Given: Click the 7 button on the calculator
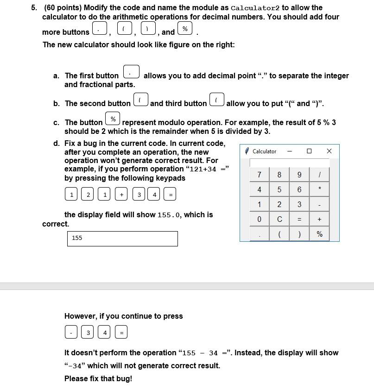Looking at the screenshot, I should click(x=259, y=175).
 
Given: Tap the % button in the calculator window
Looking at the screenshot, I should click(x=319, y=234).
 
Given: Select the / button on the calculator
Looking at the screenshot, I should click(x=319, y=175).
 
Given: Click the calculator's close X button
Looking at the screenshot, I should click(x=329, y=151).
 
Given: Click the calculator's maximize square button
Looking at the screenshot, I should click(x=309, y=151).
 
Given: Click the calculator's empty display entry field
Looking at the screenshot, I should click(x=289, y=163).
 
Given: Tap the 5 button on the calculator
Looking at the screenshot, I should click(x=279, y=189).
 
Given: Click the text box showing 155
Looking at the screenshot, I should click(x=122, y=238).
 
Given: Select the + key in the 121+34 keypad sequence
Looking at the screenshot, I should click(x=121, y=195).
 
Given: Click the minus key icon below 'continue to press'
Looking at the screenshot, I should click(x=71, y=333).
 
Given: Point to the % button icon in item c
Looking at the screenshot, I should click(x=113, y=119).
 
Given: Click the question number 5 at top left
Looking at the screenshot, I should click(x=34, y=8).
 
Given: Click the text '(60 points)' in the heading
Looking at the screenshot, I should click(x=63, y=8).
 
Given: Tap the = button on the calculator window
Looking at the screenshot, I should click(x=299, y=219).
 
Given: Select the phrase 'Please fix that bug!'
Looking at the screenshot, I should click(x=98, y=378).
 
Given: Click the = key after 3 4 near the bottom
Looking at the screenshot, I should click(x=121, y=333).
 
